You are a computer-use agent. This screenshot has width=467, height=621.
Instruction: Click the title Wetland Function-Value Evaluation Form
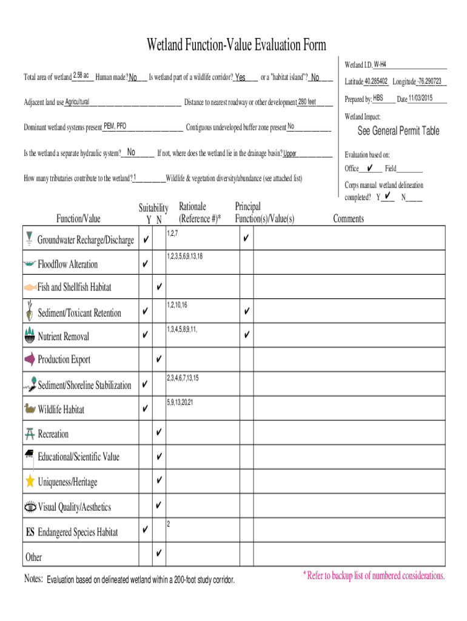236,45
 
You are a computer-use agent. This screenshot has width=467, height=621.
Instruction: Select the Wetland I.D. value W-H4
380,64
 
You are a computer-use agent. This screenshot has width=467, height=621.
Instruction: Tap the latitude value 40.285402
376,81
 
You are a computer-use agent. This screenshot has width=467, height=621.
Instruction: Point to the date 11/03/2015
420,98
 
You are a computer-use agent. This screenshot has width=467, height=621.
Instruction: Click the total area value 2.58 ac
81,76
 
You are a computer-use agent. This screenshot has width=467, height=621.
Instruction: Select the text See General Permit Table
398,131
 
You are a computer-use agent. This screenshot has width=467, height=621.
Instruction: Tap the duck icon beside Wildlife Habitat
30,409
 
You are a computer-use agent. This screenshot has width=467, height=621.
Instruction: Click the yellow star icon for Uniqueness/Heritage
30,481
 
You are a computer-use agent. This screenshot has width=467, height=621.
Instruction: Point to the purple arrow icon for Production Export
30,360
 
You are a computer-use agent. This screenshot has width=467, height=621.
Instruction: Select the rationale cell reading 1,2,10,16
177,304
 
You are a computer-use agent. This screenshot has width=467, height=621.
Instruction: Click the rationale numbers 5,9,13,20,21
180,401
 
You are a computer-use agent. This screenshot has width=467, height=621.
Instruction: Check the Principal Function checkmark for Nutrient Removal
246,335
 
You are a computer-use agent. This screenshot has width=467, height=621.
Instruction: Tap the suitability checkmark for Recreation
158,432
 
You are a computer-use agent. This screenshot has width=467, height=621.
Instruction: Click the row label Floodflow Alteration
67,264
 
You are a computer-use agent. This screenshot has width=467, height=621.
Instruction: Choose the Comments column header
349,219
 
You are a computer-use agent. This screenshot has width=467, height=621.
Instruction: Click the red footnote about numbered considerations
374,576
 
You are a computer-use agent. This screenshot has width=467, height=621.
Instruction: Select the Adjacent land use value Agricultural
78,101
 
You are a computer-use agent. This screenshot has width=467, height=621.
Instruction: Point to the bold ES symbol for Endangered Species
30,532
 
